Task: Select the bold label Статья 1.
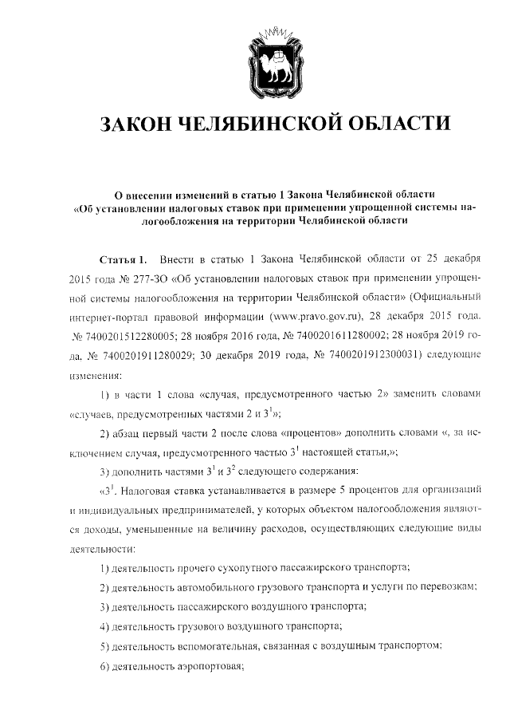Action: (x=123, y=261)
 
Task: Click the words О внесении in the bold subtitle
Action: (x=148, y=194)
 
